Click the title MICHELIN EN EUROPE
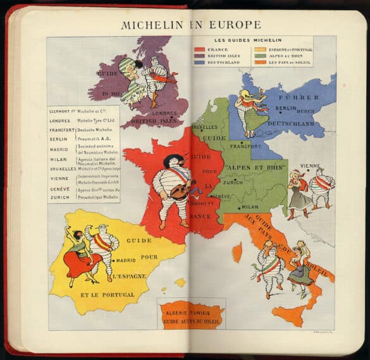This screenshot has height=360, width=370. pos(190,25)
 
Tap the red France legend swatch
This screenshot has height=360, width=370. pos(199,49)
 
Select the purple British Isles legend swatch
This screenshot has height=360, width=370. pos(199,56)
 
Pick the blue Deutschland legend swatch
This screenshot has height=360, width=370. pos(199,63)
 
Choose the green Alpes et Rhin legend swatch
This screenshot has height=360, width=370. pos(260,56)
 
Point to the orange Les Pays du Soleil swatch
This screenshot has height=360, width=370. pos(260,63)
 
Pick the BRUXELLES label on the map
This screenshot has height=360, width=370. pos(202,127)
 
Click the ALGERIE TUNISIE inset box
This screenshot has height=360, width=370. pos(192,315)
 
